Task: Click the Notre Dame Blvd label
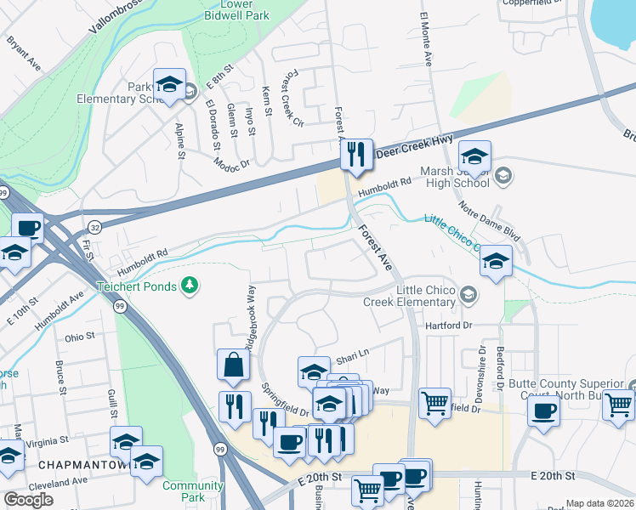(489, 220)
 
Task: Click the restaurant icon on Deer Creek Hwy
(356, 155)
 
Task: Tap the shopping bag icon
(233, 365)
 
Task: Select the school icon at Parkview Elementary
(169, 84)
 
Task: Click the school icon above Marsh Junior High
(474, 156)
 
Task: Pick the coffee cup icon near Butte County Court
(543, 411)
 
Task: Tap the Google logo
(28, 500)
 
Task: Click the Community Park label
(181, 490)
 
